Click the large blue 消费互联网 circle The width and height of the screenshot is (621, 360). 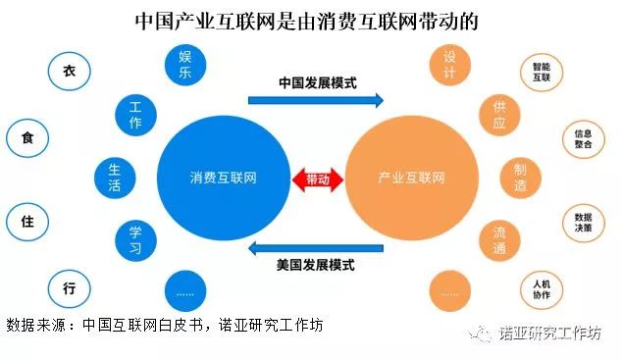(219, 180)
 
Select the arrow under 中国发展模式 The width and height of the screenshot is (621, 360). (315, 100)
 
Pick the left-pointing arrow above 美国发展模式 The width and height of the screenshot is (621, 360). (315, 246)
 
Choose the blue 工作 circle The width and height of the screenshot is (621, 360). (135, 116)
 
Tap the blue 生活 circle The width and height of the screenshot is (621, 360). (114, 178)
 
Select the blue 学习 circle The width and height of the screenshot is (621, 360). (135, 239)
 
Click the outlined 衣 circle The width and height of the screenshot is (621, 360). (69, 72)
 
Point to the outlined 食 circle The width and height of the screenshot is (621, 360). (26, 138)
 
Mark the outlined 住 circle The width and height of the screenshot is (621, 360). (26, 222)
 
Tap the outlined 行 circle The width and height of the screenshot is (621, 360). (69, 288)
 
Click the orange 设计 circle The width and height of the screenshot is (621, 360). (450, 65)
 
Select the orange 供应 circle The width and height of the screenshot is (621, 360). (499, 116)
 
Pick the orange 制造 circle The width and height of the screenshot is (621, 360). (519, 178)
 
